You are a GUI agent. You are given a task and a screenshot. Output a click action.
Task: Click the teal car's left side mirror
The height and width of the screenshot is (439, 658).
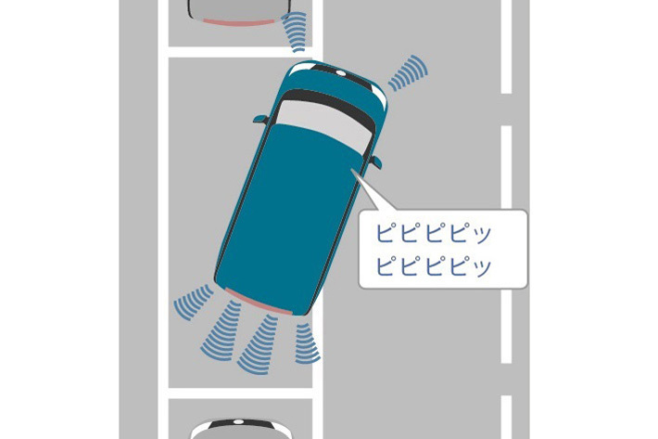[x=260, y=120]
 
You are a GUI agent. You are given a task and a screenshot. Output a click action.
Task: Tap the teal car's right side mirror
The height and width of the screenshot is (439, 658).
[x=376, y=161]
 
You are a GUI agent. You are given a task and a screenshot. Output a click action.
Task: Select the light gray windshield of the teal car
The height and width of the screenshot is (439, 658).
[x=326, y=124]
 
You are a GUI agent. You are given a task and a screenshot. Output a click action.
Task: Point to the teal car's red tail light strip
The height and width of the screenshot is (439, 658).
[x=259, y=302]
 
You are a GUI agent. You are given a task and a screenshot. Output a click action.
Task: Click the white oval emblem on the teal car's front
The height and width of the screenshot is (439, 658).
[x=341, y=73]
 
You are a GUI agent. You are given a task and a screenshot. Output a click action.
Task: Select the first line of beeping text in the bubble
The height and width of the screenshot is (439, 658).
[x=433, y=233]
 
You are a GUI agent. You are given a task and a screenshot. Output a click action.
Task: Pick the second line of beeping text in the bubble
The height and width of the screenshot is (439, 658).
[x=433, y=266]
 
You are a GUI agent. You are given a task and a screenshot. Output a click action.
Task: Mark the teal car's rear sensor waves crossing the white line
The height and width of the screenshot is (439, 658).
[x=307, y=343]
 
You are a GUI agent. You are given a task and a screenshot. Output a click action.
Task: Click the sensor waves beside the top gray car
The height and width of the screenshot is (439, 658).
[x=295, y=32]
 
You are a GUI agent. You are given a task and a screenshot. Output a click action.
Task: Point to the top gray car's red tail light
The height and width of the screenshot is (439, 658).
[x=238, y=22]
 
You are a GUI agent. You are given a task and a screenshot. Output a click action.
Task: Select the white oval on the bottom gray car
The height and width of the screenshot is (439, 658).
[x=239, y=420]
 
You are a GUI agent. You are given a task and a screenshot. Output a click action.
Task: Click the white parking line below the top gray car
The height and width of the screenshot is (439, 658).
[x=240, y=52]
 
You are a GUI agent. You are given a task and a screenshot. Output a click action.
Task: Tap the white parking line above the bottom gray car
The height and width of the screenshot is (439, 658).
[x=240, y=394]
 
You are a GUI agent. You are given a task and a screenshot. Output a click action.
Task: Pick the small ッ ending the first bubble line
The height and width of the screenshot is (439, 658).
[x=483, y=236]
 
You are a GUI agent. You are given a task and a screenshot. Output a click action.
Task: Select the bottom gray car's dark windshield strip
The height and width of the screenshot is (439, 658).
[x=240, y=424]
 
